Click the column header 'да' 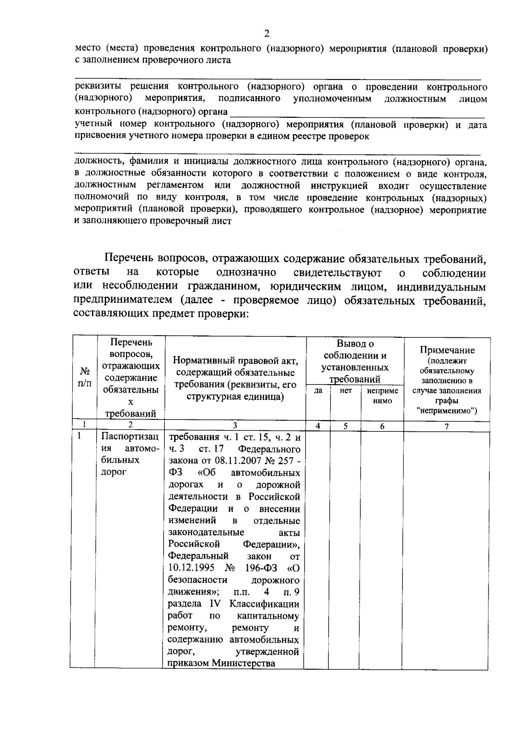(x=318, y=391)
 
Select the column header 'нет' (x=346, y=391)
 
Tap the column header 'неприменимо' (x=382, y=396)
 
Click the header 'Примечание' (x=447, y=350)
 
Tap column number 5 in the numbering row (x=346, y=426)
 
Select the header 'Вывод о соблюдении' (x=355, y=349)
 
